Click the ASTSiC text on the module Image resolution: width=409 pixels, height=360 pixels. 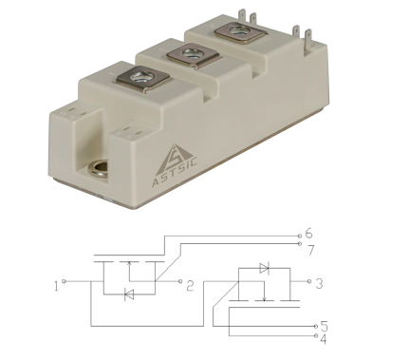pyautogui.click(x=175, y=172)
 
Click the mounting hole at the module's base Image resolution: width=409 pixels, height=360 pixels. pyautogui.click(x=98, y=168)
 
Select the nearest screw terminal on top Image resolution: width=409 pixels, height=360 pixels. pyautogui.click(x=141, y=78)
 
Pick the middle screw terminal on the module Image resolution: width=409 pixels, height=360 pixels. pyautogui.click(x=193, y=56)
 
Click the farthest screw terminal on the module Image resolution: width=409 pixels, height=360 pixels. pyautogui.click(x=239, y=33)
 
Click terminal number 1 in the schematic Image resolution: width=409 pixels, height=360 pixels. pyautogui.click(x=56, y=286)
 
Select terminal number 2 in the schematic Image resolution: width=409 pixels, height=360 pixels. pyautogui.click(x=190, y=286)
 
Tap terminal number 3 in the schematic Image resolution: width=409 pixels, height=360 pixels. pyautogui.click(x=320, y=284)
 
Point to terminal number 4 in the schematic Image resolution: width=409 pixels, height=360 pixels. pyautogui.click(x=323, y=339)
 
